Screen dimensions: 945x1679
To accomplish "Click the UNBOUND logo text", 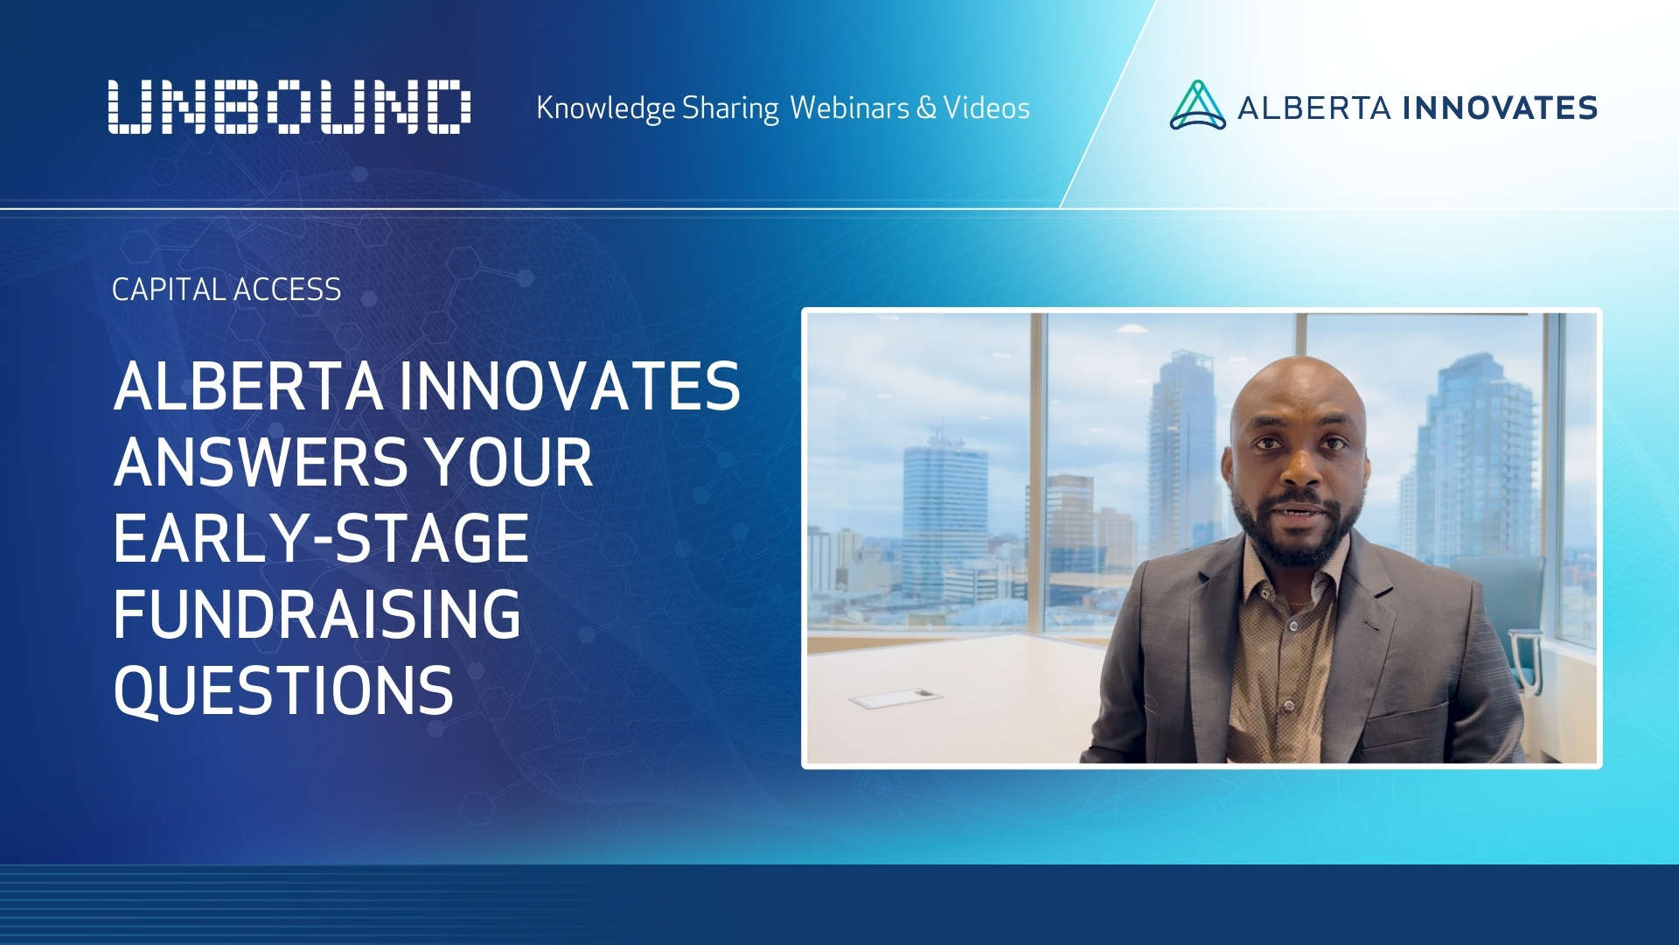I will (x=289, y=107).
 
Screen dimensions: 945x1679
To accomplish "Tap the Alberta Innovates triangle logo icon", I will (x=1197, y=106).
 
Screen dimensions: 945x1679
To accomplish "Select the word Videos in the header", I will (x=986, y=108).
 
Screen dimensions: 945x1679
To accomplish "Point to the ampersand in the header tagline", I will (x=926, y=108).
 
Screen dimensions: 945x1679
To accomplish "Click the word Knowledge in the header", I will (x=605, y=108).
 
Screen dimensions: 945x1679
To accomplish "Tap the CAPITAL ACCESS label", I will (x=226, y=290).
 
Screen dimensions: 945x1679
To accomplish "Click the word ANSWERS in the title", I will (x=260, y=463).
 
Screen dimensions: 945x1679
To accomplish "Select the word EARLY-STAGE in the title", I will (x=321, y=539).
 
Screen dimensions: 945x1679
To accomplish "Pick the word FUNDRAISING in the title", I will (x=317, y=614).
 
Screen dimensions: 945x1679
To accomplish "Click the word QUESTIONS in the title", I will (x=283, y=691).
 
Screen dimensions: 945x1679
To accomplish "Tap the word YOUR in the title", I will (x=508, y=463).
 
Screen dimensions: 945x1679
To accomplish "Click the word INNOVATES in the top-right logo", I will (x=1500, y=108).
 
